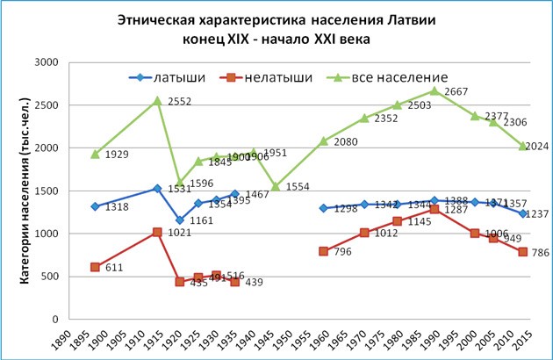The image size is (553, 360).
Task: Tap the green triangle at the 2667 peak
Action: coord(459,90)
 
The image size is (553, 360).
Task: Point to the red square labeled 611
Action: coord(94,267)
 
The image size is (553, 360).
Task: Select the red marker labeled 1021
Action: coord(157,232)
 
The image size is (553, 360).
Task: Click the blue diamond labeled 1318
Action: coord(94,206)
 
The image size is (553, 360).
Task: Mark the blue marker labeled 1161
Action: coord(179,220)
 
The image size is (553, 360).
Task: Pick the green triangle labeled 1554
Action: coord(275,186)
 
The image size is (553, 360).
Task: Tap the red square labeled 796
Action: coord(324,251)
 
